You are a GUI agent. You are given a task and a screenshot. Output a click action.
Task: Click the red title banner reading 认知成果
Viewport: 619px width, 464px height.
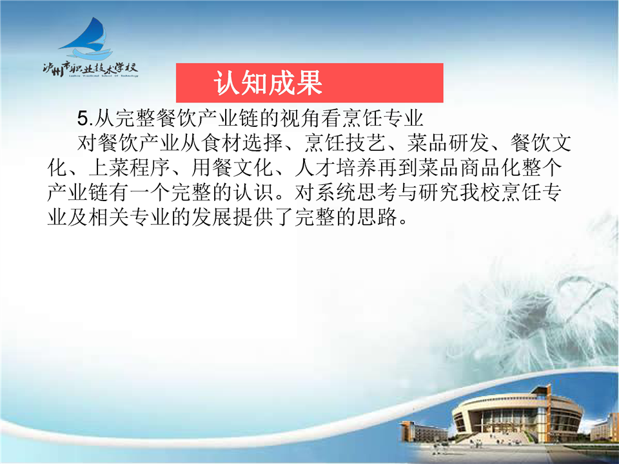click(x=309, y=83)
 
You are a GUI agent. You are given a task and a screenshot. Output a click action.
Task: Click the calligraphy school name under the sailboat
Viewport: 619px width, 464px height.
click(x=90, y=69)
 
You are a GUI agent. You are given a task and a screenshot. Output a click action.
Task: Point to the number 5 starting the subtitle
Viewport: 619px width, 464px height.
click(x=82, y=119)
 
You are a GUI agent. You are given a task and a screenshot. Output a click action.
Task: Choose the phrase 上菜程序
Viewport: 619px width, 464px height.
click(x=130, y=168)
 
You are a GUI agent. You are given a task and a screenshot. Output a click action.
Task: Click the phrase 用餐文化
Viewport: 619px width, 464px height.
click(x=233, y=168)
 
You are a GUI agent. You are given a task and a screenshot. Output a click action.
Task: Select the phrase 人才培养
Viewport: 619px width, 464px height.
click(x=335, y=168)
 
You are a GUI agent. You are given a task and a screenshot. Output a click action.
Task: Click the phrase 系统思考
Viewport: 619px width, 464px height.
click(x=335, y=193)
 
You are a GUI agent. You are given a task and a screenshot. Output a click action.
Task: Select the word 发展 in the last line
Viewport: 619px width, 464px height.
click(x=212, y=217)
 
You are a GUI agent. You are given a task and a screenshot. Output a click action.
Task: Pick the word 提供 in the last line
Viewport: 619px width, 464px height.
click(x=253, y=217)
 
